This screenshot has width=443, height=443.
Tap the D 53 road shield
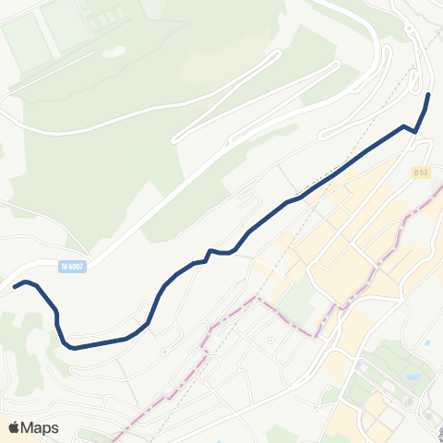click(x=421, y=172)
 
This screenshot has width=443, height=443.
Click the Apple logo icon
click(x=14, y=427)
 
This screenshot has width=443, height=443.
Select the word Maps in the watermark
click(x=40, y=427)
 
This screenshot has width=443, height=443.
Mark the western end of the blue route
click(x=15, y=286)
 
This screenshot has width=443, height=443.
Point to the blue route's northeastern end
click(x=429, y=95)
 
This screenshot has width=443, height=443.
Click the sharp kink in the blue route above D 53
click(x=414, y=131)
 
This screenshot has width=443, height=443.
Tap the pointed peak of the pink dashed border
click(x=256, y=298)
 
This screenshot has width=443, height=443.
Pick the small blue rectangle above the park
click(x=428, y=343)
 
